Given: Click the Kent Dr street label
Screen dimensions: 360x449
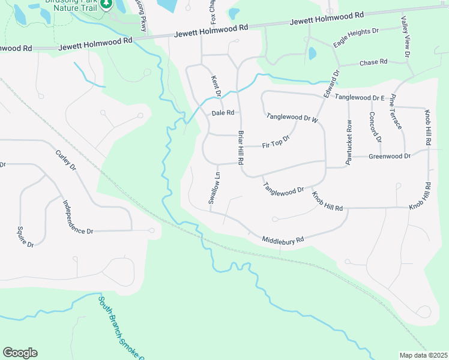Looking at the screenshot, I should pos(215,85).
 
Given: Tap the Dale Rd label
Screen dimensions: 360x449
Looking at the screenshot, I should pos(221,113).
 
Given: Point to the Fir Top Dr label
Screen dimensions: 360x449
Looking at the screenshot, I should pos(276,142).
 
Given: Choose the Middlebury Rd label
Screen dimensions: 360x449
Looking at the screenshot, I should pos(283,240).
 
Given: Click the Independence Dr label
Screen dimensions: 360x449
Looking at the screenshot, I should pos(78,217).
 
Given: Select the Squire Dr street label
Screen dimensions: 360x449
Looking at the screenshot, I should pos(25,235).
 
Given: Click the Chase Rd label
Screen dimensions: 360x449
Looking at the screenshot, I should pos(373,62).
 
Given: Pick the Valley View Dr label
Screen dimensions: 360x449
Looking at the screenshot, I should pos(403,36).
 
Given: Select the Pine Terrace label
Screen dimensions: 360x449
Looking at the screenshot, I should pos(398,111).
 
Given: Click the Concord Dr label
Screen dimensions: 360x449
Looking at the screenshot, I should pos(375,127).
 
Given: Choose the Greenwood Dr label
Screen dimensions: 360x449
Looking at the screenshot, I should pos(389,157).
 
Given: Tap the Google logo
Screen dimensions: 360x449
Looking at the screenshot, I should pos(20,353).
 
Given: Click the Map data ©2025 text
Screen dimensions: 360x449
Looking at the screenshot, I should pos(423,355).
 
